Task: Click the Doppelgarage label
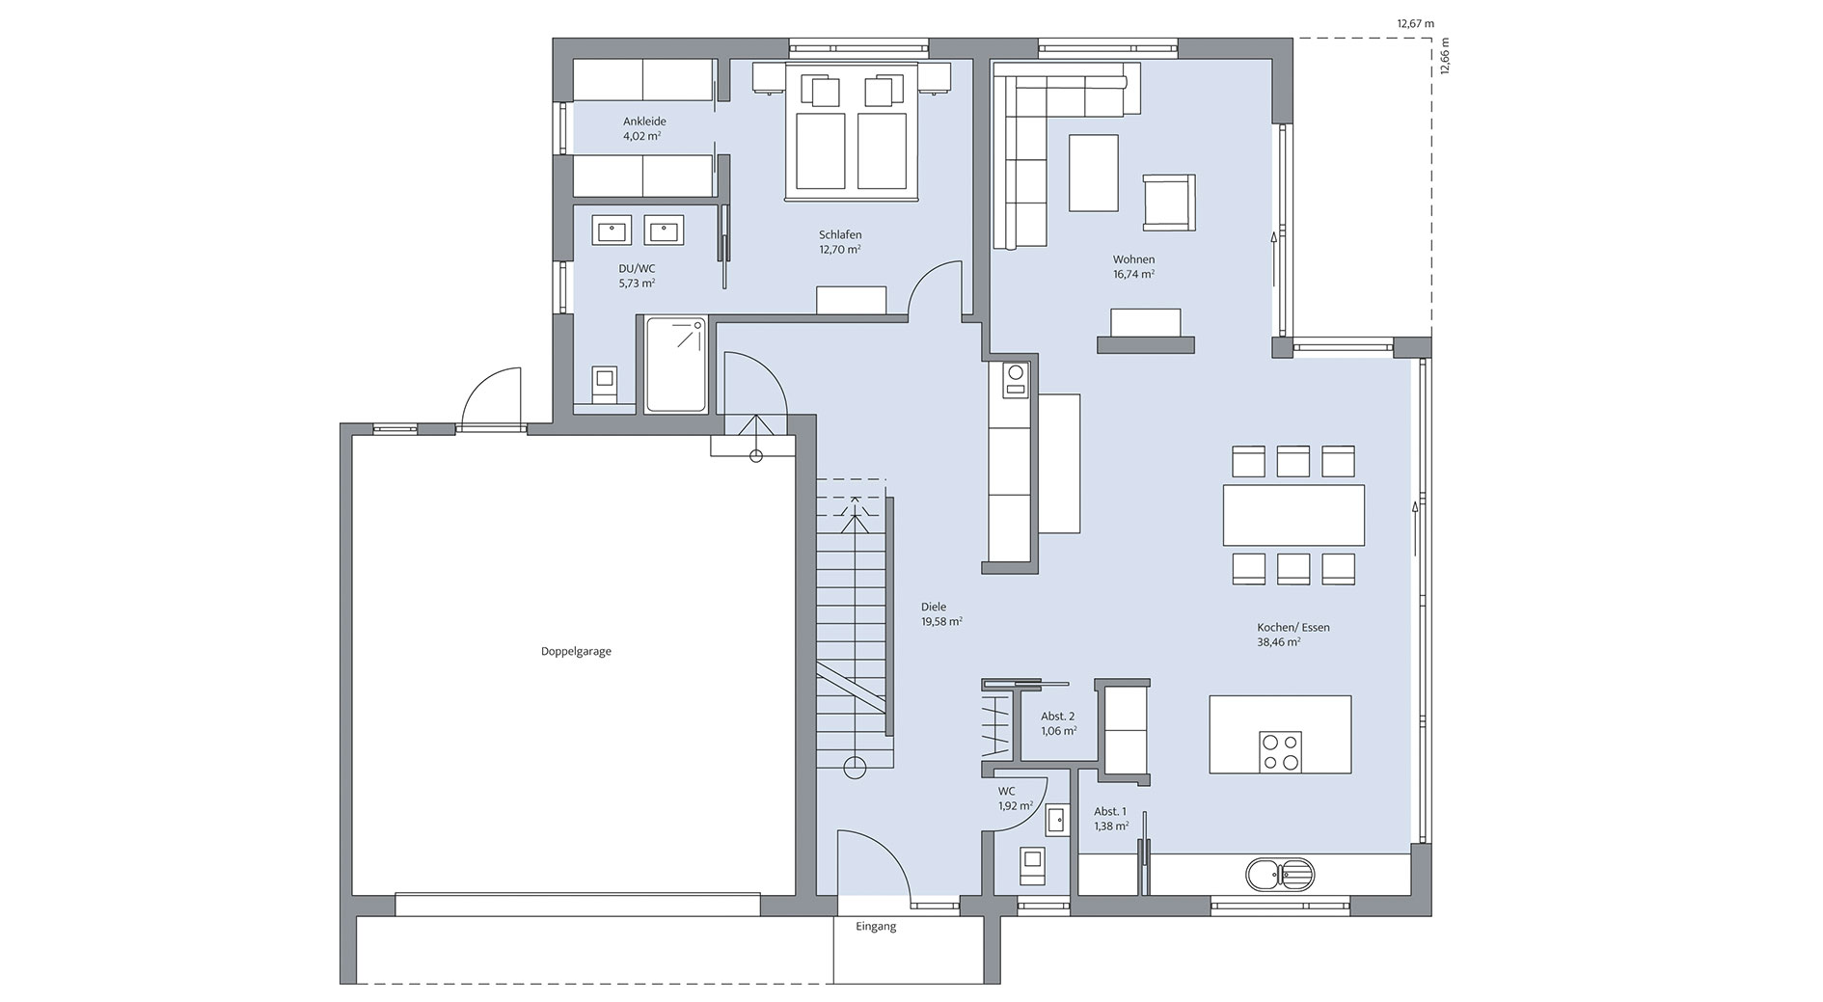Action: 576,651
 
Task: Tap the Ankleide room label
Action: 644,122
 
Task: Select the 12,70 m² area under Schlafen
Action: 839,249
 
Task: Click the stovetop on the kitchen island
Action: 1280,752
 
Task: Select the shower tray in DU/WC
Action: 676,365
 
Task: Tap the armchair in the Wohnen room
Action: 1168,203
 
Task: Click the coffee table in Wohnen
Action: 1093,173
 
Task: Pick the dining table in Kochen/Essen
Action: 1293,515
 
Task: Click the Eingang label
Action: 876,927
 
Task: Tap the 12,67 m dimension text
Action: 1416,23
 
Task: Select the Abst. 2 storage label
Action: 1057,717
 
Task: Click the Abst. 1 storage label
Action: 1109,812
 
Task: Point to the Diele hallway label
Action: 933,607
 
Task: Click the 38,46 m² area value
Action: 1278,641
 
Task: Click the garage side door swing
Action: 492,398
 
